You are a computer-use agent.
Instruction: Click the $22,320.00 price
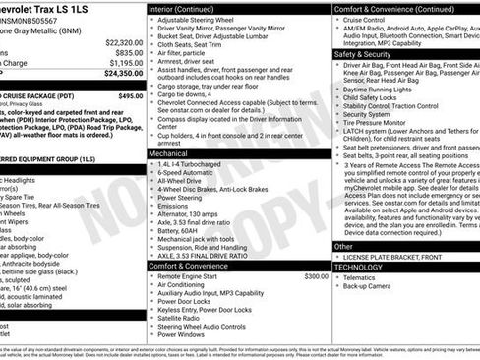[123, 42]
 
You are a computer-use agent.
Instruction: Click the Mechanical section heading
[171, 154]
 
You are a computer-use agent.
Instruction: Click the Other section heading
[343, 247]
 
